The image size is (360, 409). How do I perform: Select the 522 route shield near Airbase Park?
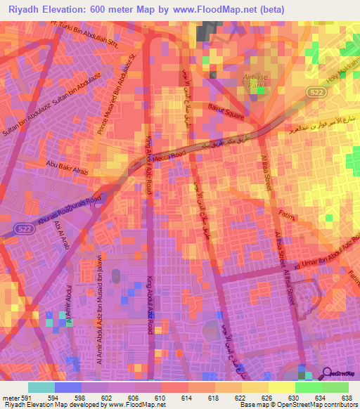click(315, 91)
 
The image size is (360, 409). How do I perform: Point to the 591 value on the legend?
click(20, 397)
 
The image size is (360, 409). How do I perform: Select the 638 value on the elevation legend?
click(345, 397)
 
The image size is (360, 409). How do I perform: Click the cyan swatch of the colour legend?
click(41, 387)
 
